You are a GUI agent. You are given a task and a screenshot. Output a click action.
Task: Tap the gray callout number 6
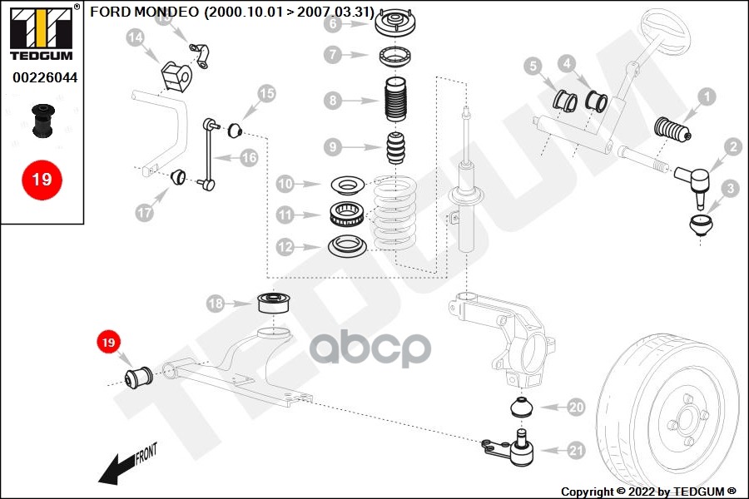[333, 23]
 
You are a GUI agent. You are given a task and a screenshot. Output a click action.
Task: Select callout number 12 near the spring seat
[285, 247]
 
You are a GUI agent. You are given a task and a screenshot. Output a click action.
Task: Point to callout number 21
[576, 452]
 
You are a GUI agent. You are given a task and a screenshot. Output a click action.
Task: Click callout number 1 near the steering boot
[706, 97]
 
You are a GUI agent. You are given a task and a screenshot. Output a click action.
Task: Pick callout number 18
[216, 304]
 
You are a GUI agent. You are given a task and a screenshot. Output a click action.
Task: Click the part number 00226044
[44, 77]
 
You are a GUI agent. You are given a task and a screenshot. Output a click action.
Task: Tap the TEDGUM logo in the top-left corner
[42, 32]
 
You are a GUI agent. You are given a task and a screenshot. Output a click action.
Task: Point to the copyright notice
[648, 491]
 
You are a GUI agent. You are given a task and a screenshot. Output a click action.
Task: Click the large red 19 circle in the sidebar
[42, 179]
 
